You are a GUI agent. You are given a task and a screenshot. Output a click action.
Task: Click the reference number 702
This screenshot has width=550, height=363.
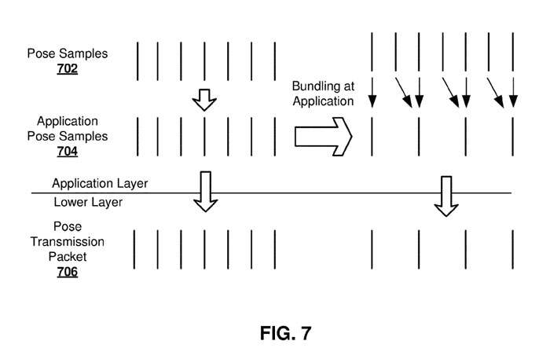pyautogui.click(x=68, y=68)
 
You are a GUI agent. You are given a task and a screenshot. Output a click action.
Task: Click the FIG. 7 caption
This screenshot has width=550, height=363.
pyautogui.click(x=285, y=333)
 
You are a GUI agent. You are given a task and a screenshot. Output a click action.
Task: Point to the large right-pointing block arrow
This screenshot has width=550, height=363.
pyautogui.click(x=323, y=136)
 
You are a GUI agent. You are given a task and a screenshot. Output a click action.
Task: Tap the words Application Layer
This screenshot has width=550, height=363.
pyautogui.click(x=100, y=183)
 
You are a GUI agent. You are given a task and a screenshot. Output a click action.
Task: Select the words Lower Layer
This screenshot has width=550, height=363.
pyautogui.click(x=89, y=202)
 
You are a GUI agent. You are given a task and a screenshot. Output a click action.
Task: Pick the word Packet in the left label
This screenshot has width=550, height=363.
pyautogui.click(x=68, y=256)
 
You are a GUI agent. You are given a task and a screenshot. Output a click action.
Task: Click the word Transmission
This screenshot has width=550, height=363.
pyautogui.click(x=68, y=241)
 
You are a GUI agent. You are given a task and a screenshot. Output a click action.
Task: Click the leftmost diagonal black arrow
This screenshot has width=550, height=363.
pyautogui.click(x=403, y=92)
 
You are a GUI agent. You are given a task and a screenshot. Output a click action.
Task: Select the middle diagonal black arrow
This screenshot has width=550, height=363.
pyautogui.click(x=451, y=92)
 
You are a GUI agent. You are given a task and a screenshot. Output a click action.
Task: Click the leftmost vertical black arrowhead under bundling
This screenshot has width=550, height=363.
pyautogui.click(x=372, y=100)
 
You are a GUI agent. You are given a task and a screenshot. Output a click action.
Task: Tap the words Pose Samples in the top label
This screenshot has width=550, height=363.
pyautogui.click(x=68, y=53)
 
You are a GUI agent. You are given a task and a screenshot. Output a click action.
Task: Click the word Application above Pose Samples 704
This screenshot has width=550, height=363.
pyautogui.click(x=68, y=121)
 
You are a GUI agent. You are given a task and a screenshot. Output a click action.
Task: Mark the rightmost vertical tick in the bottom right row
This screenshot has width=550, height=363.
pyautogui.click(x=513, y=250)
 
